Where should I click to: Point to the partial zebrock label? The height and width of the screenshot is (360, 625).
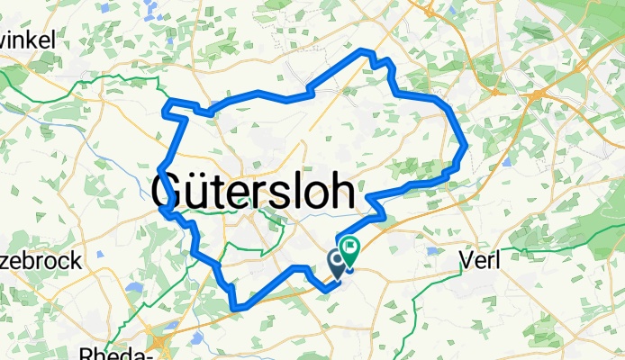tap(40, 261)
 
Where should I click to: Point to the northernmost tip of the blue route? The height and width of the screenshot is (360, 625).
tap(363, 49)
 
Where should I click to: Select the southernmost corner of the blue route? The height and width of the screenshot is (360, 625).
tap(236, 309)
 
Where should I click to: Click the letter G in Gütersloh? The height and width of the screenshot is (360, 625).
tap(170, 192)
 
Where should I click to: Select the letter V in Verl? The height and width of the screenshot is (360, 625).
tap(466, 260)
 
